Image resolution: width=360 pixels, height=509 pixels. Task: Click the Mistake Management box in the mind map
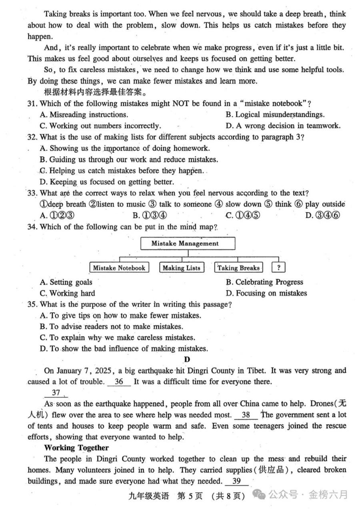(188, 244)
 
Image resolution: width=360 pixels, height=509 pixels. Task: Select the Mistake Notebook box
(119, 268)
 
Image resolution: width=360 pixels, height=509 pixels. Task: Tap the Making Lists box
(181, 268)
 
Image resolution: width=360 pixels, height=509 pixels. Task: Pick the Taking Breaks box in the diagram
(238, 268)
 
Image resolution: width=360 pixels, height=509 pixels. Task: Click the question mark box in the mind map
(278, 268)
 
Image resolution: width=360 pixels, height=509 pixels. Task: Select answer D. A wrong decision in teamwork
(283, 126)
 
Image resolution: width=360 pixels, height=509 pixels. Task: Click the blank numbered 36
(119, 381)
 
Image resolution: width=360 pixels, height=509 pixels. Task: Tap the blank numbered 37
(56, 393)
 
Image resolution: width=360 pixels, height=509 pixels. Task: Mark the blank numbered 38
(246, 415)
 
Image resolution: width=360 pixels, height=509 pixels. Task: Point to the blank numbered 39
(236, 481)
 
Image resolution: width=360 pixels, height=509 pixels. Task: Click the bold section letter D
(187, 359)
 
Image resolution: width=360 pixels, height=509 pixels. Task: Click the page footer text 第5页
(190, 496)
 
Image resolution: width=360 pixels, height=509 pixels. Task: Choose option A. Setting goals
(66, 282)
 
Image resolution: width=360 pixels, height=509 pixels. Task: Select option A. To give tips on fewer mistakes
(120, 315)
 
